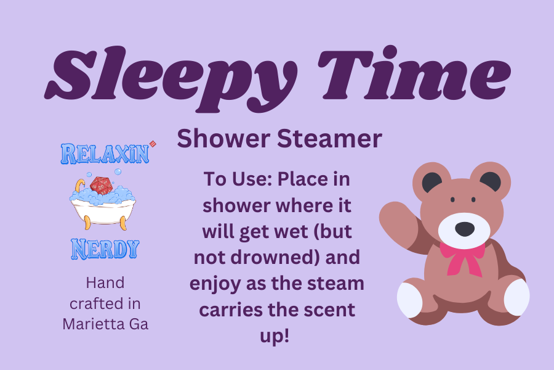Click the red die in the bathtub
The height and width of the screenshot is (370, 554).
[x=100, y=184]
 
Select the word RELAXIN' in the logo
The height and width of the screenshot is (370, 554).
[x=105, y=154]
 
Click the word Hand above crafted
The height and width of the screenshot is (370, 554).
[x=105, y=283]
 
